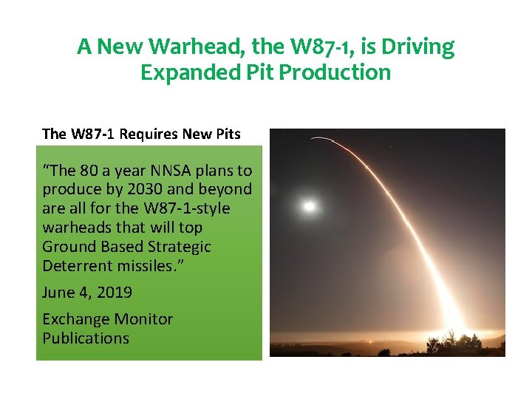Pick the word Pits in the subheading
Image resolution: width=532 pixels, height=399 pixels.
click(x=227, y=134)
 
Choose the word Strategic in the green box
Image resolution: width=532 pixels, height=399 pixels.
click(x=177, y=247)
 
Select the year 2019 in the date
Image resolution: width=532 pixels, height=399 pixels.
click(x=113, y=293)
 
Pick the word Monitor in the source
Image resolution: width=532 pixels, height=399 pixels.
click(x=142, y=319)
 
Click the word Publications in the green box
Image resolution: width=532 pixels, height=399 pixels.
click(x=86, y=338)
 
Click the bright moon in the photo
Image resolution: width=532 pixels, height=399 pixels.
click(x=309, y=205)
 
